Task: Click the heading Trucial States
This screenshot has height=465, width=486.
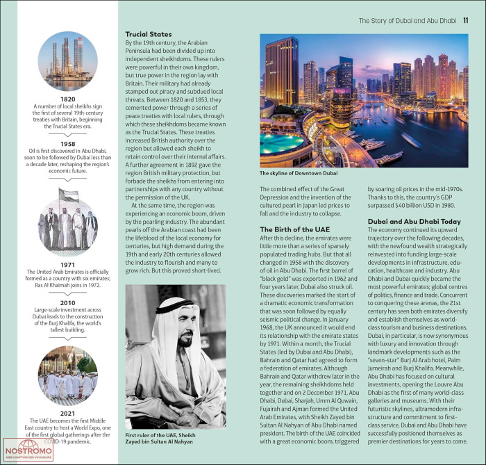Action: (x=148, y=33)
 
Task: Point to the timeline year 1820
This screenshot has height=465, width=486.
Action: (x=67, y=99)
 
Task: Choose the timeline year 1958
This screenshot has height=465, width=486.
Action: (x=67, y=144)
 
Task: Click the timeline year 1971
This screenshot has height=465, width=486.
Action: (x=67, y=263)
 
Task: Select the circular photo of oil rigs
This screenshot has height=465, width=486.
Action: (x=68, y=59)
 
